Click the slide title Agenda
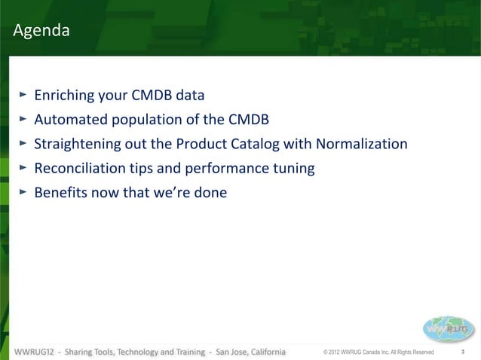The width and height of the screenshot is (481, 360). point(41,32)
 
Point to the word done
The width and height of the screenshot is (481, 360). point(211,192)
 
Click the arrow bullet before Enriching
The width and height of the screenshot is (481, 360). point(23,95)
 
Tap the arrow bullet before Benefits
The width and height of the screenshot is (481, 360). point(23,191)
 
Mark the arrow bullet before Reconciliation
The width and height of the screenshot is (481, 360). point(23,167)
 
